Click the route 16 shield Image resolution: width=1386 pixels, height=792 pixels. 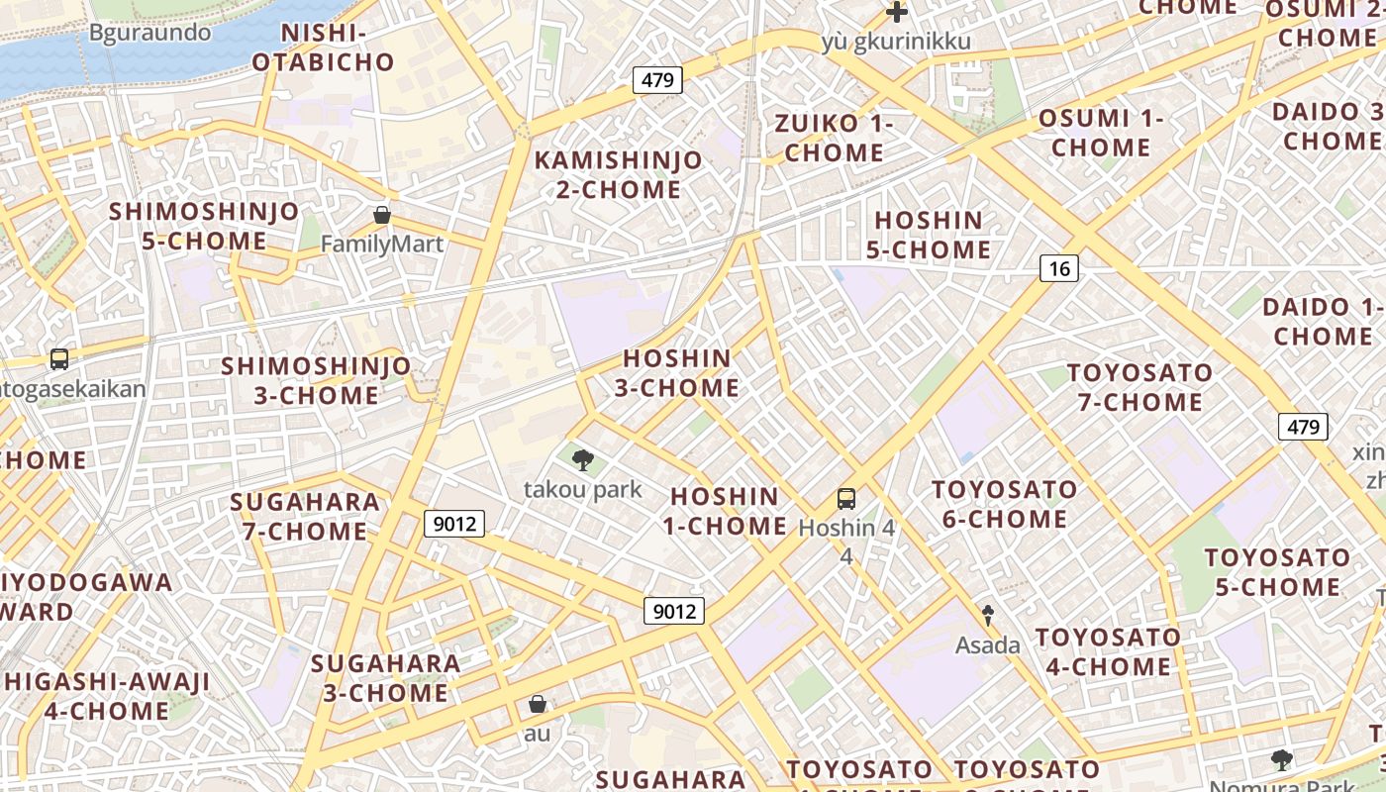coord(1059,267)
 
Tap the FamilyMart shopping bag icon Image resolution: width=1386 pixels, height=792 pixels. coord(382,215)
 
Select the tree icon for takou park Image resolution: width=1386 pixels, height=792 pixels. coord(583,458)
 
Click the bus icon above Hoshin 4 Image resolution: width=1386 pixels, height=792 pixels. coord(846,498)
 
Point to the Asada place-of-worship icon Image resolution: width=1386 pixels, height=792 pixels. coord(987,615)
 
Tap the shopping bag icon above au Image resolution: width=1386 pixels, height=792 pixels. coord(538,704)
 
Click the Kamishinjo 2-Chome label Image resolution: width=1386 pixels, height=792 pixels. coord(619,174)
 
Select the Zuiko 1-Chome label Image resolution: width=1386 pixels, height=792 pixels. coord(835,139)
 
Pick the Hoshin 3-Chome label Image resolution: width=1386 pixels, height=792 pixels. coord(677,373)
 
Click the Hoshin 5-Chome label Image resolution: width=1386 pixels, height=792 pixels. coord(929,235)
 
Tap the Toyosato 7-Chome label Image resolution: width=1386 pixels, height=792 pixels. coord(1140,387)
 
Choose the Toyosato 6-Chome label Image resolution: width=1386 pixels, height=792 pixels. coord(1004,504)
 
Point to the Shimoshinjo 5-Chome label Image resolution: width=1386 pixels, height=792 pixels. coord(204,226)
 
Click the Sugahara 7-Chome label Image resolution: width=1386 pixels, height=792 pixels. coord(305,516)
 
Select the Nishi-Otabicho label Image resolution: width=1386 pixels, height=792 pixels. coord(323,48)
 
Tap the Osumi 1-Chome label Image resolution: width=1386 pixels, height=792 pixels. coord(1101,133)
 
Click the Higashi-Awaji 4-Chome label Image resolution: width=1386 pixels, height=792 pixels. coord(107,696)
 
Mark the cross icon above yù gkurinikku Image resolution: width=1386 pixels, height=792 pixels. coord(897,13)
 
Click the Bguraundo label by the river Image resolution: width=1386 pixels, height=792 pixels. coord(150,33)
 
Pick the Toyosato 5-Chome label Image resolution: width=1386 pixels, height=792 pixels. coord(1277,572)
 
